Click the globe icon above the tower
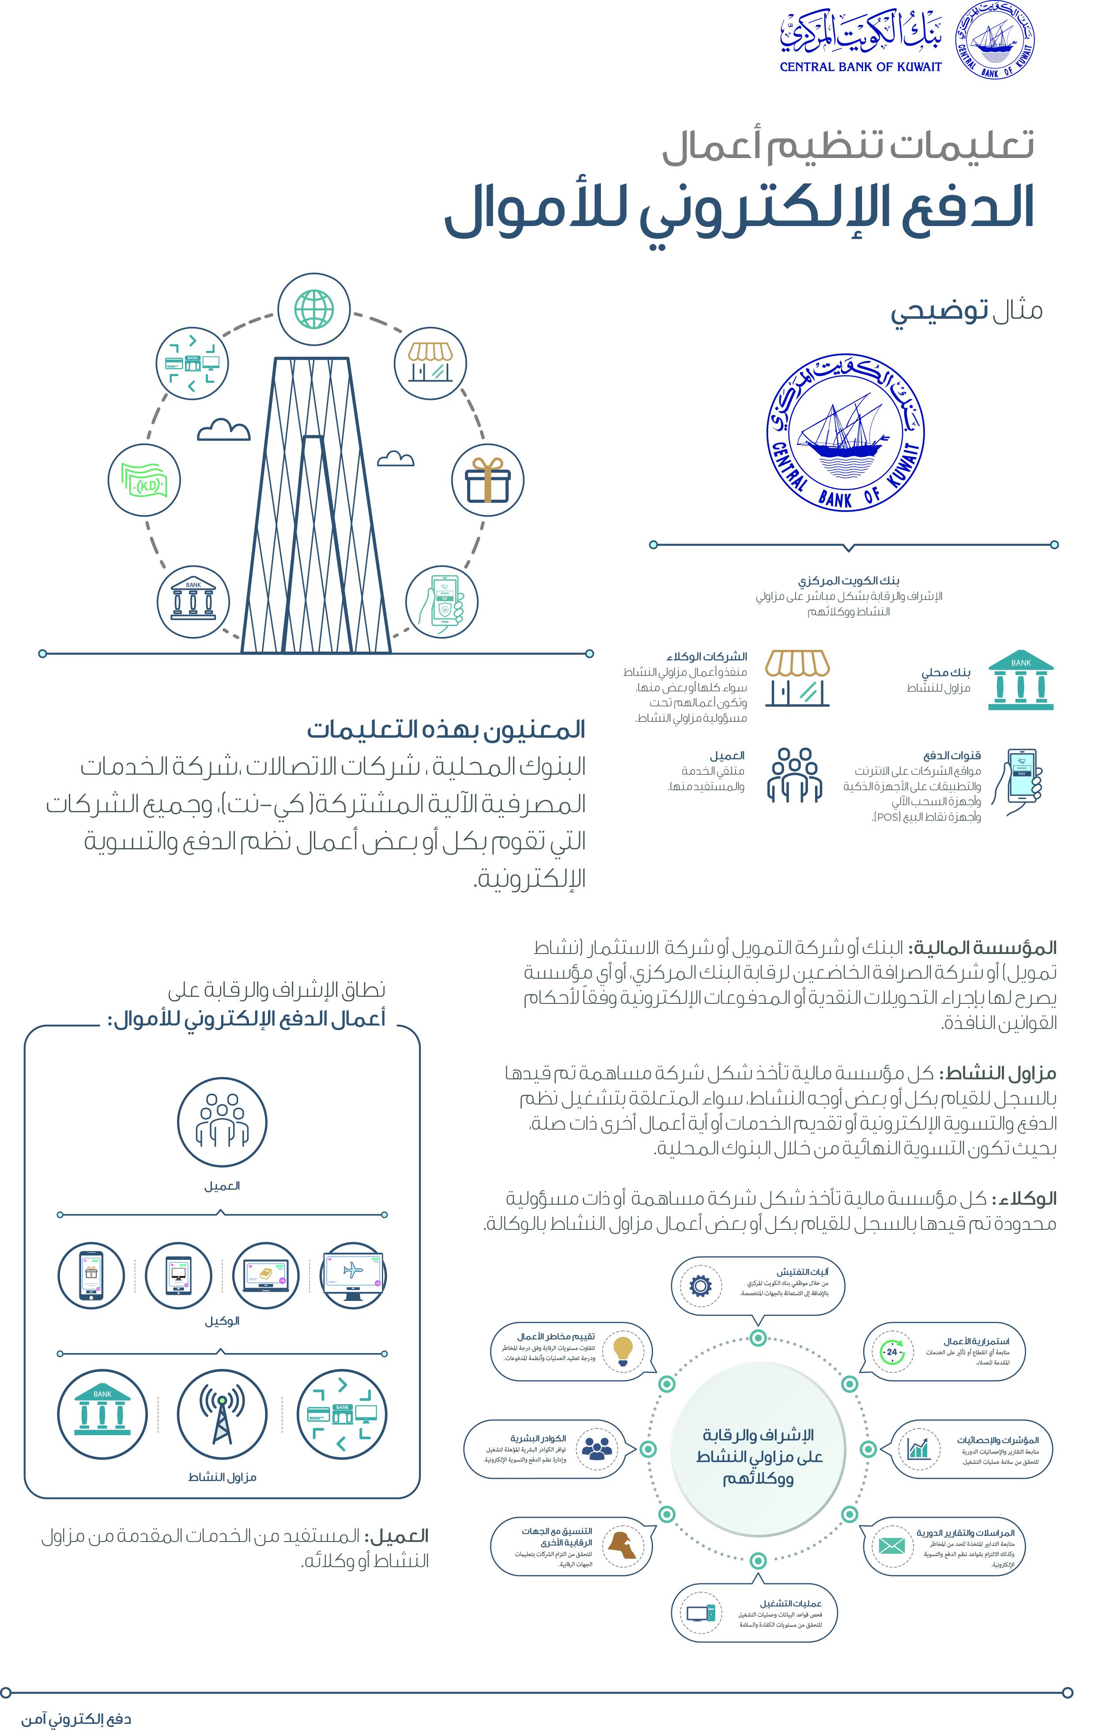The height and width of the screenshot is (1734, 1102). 313,309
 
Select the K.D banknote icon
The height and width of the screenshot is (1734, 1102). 144,479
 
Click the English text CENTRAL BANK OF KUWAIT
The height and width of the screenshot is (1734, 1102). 860,67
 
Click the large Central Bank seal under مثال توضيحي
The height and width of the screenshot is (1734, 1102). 845,432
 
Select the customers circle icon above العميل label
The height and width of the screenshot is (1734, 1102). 222,1121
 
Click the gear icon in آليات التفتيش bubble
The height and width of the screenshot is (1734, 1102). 700,1285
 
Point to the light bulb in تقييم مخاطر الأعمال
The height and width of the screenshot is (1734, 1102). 623,1350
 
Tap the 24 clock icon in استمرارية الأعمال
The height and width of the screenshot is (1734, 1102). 892,1352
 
